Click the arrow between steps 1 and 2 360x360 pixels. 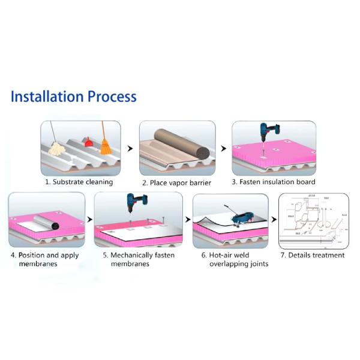[130, 148]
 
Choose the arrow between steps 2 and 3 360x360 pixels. [223, 148]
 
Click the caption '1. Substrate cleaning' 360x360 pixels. [79, 182]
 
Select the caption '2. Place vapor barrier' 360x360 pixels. [176, 182]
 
